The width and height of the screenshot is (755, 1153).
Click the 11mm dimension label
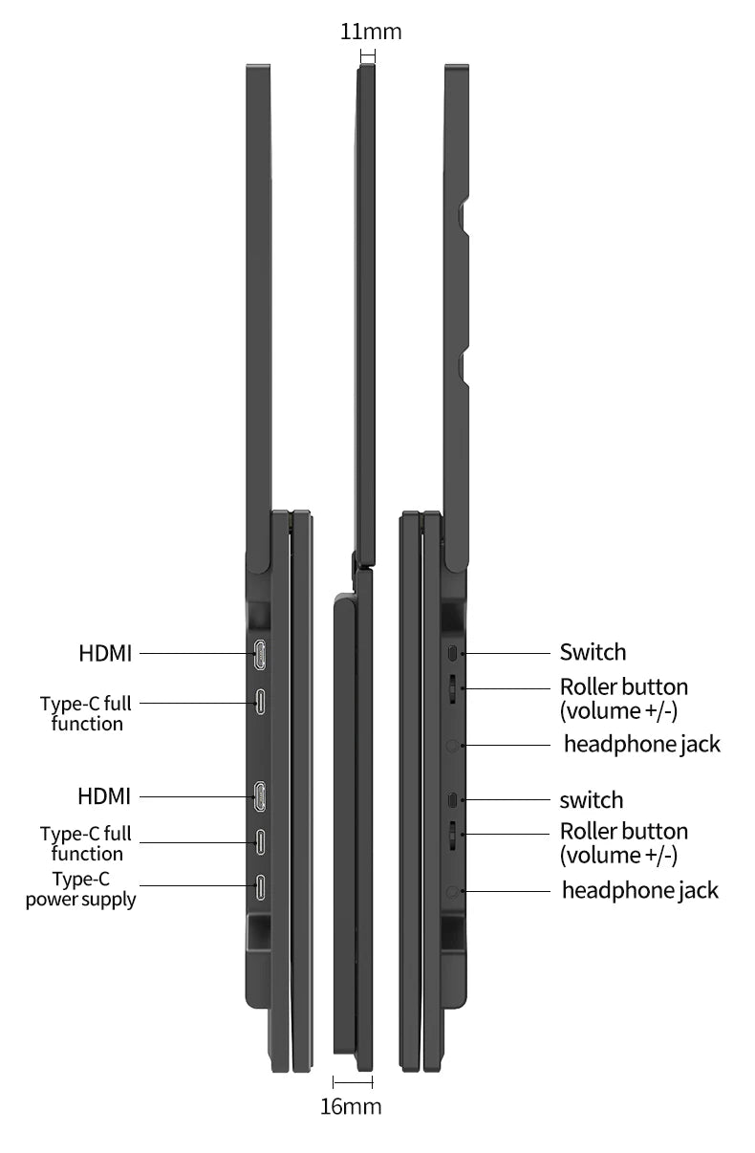tap(371, 32)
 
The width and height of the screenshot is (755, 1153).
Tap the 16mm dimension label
tap(351, 1106)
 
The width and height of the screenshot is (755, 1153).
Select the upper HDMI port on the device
tap(260, 654)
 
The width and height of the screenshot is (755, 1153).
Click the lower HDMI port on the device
tap(260, 796)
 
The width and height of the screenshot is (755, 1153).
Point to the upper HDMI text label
tap(105, 654)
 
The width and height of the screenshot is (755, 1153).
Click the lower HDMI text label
tap(104, 796)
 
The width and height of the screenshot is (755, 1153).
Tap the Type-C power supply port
tap(260, 887)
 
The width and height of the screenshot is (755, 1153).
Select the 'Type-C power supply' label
tap(81, 889)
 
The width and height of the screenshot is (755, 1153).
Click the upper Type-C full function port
tap(260, 702)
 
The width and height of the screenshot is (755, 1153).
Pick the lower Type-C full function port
tap(260, 841)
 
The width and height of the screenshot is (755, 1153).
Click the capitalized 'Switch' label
tap(593, 653)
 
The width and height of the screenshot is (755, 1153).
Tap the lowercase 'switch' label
tap(592, 800)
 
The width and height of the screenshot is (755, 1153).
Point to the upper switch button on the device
tap(452, 653)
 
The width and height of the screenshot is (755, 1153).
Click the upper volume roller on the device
tap(452, 688)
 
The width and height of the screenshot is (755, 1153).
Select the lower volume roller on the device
tap(452, 835)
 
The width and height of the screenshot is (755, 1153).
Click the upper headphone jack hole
tap(452, 746)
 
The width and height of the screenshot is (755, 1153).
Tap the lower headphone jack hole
tap(452, 892)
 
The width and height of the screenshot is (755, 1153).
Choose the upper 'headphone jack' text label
tap(642, 745)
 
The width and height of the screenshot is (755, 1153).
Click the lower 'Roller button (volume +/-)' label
tap(624, 843)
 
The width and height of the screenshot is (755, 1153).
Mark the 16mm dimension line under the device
tap(353, 1082)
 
